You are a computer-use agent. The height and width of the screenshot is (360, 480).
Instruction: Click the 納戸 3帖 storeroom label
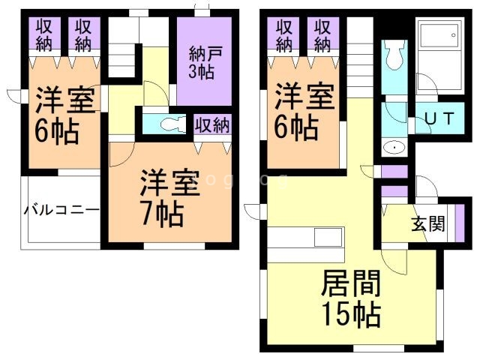coord(202,63)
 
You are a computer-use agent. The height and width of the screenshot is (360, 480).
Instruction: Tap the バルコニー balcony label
coord(62,210)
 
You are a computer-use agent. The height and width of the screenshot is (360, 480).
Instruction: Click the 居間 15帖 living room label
coord(351,298)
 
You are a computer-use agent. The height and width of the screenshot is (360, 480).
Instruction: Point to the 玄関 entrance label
coord(427,223)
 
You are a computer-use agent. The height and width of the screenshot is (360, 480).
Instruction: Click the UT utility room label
coord(440,118)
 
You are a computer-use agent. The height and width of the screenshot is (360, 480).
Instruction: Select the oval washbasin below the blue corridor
coord(394,148)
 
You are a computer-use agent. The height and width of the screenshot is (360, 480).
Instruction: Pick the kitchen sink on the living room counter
coord(328,237)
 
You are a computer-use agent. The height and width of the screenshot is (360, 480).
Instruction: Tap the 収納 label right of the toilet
coord(212,125)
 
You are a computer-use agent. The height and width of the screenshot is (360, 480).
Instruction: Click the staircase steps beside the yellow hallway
coord(121,60)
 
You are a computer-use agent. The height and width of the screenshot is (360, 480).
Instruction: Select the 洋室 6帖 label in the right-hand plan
coord(304,112)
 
